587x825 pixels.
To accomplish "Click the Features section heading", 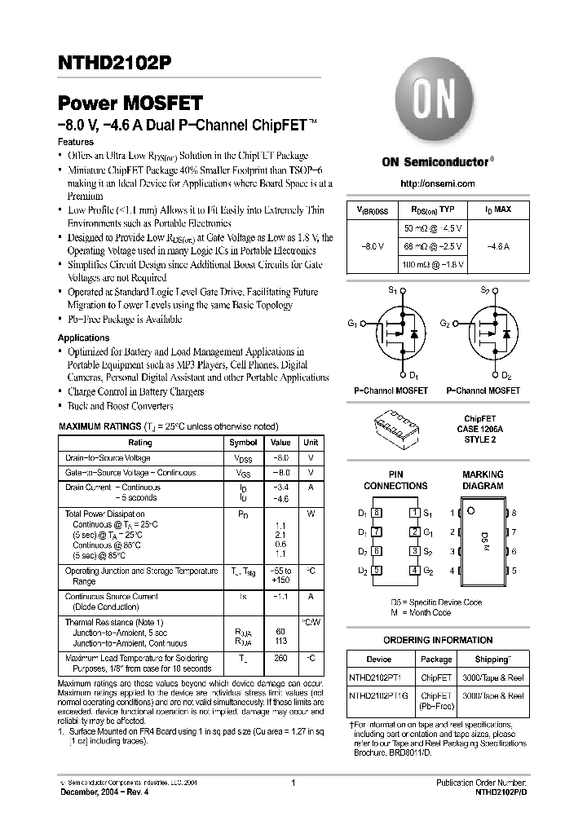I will [x=76, y=141].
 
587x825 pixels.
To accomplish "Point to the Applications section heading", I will [x=83, y=337].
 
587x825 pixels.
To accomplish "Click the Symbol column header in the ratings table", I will [x=243, y=443].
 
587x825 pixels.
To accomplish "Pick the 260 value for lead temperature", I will [x=280, y=658].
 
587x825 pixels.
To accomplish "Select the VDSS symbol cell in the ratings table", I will [x=243, y=458].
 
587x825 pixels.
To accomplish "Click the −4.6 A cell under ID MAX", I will [x=498, y=245].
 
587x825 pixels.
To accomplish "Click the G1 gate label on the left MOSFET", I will [x=352, y=324].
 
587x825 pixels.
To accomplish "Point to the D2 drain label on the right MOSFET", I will [x=505, y=375].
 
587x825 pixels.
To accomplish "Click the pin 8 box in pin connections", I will [x=376, y=513].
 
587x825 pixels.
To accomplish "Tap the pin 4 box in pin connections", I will [x=415, y=571].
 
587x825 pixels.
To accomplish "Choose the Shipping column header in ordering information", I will [x=492, y=659].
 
